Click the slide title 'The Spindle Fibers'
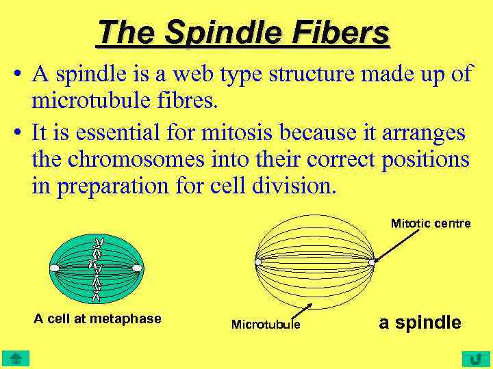[x=243, y=32]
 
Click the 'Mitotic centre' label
[x=430, y=223]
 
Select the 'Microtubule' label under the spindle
[x=265, y=325]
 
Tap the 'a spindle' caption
[x=420, y=323]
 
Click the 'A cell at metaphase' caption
[x=97, y=318]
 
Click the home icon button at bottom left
[x=14, y=359]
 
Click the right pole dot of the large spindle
[x=372, y=262]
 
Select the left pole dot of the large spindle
[x=257, y=262]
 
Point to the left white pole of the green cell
[x=55, y=268]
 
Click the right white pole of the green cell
[x=137, y=268]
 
